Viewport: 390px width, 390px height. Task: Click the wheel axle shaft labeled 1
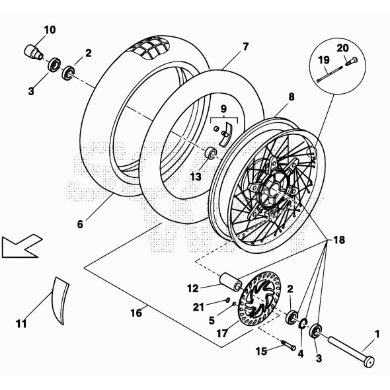tap(351, 351)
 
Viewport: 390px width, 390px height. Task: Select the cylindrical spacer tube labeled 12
tap(231, 282)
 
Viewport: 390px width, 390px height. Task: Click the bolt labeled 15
tap(288, 346)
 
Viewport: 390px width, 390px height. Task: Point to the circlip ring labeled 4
tap(303, 323)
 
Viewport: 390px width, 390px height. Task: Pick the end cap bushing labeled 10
tap(34, 52)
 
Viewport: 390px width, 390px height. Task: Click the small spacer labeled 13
tap(211, 153)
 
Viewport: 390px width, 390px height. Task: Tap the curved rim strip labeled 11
tap(59, 301)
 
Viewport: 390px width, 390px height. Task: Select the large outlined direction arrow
tap(22, 246)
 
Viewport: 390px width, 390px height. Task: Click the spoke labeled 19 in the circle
tap(329, 74)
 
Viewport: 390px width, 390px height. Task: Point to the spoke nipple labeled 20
tap(351, 61)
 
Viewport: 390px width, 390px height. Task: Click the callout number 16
tap(136, 313)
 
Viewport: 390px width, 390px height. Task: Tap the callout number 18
tap(339, 240)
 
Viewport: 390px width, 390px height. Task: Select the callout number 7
tap(245, 47)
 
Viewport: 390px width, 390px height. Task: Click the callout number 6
tap(80, 224)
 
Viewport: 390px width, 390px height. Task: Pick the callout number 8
tap(292, 97)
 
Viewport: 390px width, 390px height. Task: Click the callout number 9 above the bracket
tap(223, 108)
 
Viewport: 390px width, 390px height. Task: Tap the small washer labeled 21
tap(227, 300)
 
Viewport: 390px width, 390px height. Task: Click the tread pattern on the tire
tap(151, 50)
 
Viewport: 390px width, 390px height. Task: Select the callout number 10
tap(50, 30)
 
